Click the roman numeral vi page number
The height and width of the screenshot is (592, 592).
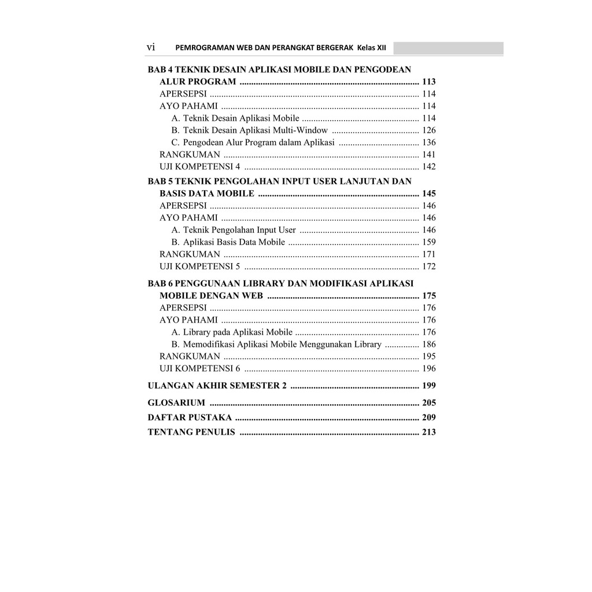(x=151, y=47)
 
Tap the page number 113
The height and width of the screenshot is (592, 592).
(x=428, y=82)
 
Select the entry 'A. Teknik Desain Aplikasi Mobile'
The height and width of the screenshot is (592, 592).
(x=235, y=118)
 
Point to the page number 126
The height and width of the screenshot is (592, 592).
(x=428, y=130)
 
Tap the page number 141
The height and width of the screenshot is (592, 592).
(x=428, y=154)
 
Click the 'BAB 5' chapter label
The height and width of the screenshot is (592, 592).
(x=160, y=181)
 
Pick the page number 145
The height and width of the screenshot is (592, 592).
(x=428, y=193)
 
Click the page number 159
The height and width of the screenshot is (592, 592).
(x=428, y=242)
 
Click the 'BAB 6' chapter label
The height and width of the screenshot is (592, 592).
(x=160, y=283)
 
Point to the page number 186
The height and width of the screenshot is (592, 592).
(x=428, y=344)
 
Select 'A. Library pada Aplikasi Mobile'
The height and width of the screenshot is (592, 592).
(x=232, y=332)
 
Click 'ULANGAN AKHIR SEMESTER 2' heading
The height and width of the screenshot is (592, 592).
(x=217, y=386)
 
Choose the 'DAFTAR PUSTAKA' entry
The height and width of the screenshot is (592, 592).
(x=190, y=417)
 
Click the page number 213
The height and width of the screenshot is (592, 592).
(x=428, y=431)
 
